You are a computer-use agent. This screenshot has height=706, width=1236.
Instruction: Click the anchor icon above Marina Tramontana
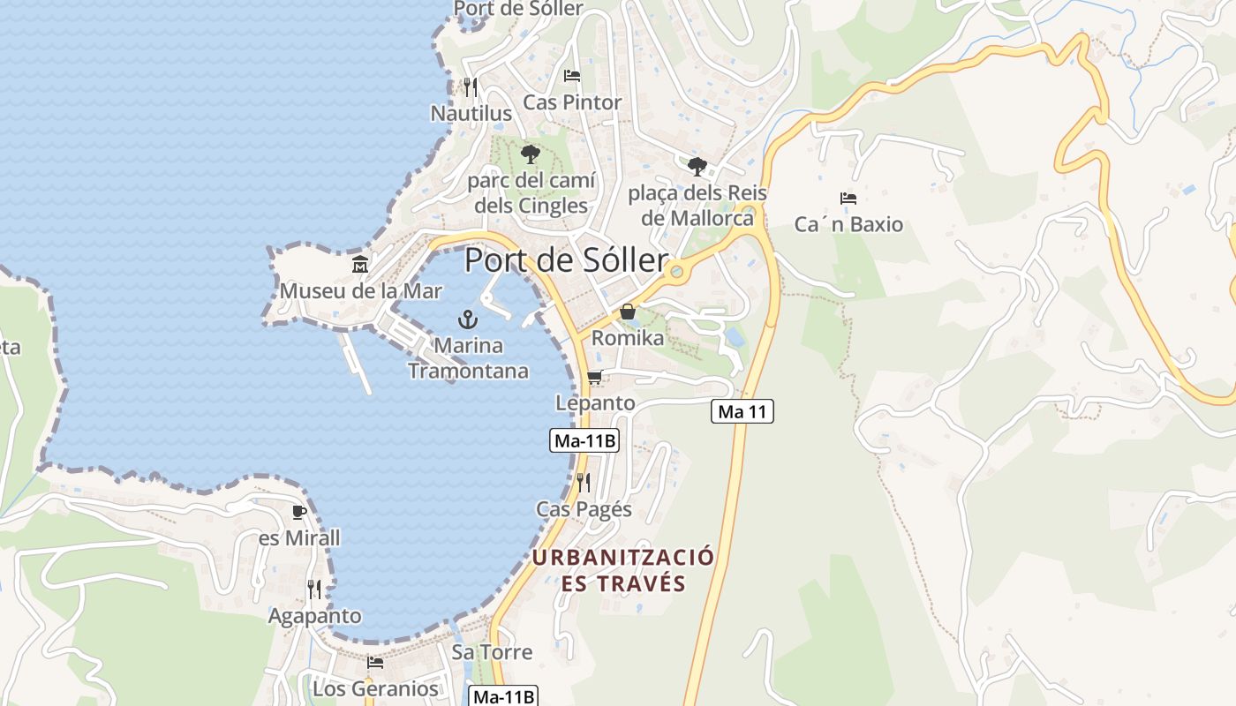pyautogui.click(x=468, y=319)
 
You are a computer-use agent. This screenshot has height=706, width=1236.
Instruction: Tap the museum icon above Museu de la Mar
pyautogui.click(x=360, y=265)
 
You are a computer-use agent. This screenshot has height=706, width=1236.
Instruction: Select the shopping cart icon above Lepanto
pyautogui.click(x=595, y=378)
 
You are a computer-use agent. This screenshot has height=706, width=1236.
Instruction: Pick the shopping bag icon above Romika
pyautogui.click(x=627, y=312)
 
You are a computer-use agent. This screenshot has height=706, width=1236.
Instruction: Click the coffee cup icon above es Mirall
pyautogui.click(x=299, y=512)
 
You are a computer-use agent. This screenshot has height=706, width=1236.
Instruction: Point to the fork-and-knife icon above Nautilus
pyautogui.click(x=470, y=86)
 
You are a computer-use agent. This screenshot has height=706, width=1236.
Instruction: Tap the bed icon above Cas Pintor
pyautogui.click(x=572, y=76)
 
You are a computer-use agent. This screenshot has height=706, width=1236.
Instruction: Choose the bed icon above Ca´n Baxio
pyautogui.click(x=848, y=199)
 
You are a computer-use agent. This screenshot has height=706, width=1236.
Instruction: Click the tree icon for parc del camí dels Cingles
pyautogui.click(x=530, y=154)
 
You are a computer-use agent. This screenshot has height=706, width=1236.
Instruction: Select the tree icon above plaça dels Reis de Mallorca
pyautogui.click(x=697, y=165)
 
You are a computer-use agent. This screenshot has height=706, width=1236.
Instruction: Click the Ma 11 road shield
pyautogui.click(x=742, y=411)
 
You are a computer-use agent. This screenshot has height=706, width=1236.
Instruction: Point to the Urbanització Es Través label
pyautogui.click(x=623, y=570)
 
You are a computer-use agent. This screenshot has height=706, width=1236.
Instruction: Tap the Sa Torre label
pyautogui.click(x=492, y=652)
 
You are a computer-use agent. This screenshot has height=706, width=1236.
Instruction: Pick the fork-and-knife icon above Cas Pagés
pyautogui.click(x=584, y=482)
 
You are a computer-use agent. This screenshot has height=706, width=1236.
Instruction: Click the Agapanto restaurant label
pyautogui.click(x=315, y=616)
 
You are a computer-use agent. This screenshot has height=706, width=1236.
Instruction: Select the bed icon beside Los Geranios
pyautogui.click(x=375, y=662)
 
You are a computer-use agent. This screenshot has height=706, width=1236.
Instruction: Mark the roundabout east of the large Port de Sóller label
pyautogui.click(x=678, y=270)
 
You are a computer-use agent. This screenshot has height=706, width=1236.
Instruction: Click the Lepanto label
pyautogui.click(x=595, y=403)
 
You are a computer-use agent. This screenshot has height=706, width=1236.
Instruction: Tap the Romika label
pyautogui.click(x=628, y=338)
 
